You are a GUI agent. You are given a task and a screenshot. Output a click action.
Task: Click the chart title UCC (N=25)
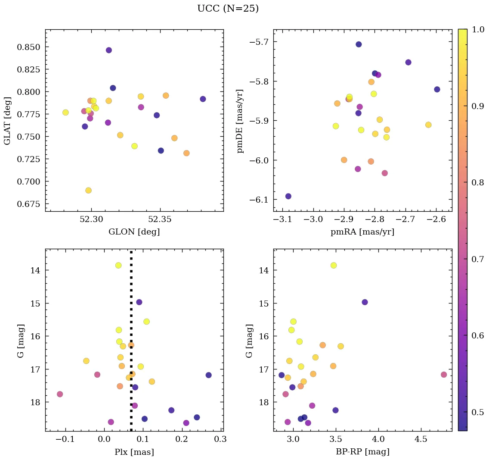(228, 9)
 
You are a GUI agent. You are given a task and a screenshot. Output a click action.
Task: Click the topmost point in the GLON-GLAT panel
(109, 50)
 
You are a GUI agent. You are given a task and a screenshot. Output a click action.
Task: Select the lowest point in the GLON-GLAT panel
(88, 191)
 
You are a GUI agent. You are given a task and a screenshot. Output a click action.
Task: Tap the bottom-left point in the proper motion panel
(288, 196)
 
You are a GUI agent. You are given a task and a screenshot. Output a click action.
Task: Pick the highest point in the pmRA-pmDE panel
(359, 44)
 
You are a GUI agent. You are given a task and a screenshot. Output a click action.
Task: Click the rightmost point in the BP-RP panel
(444, 375)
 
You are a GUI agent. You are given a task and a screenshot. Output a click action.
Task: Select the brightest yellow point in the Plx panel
(118, 266)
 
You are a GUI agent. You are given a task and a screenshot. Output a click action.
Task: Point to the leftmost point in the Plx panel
(60, 394)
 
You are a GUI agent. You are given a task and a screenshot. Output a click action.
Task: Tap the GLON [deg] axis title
(134, 232)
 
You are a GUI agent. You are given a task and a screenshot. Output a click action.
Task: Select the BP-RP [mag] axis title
(362, 452)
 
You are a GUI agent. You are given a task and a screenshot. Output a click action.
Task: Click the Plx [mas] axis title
(134, 452)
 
